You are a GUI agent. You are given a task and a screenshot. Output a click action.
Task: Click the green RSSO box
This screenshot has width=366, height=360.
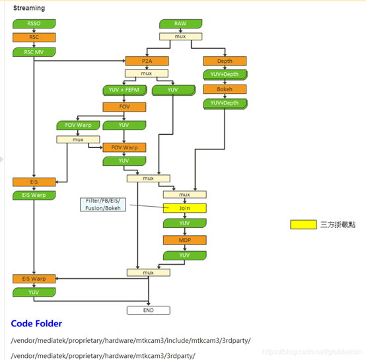[34, 24]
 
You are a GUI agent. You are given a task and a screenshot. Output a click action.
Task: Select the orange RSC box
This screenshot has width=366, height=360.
[34, 37]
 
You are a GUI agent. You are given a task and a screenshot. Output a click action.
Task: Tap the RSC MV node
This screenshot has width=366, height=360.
[34, 52]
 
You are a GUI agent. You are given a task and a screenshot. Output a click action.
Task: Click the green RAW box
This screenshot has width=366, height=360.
[180, 24]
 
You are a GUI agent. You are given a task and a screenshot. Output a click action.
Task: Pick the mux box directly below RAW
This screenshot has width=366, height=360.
[180, 36]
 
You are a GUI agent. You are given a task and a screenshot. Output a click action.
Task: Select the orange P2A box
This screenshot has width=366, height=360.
[147, 61]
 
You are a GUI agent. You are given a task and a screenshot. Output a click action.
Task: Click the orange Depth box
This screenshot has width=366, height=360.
[225, 61]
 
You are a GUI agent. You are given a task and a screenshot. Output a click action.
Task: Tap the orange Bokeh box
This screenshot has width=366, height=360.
[225, 89]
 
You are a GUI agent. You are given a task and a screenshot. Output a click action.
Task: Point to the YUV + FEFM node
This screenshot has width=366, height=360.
[124, 89]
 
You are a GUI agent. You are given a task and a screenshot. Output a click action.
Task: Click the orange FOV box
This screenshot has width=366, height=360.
[124, 106]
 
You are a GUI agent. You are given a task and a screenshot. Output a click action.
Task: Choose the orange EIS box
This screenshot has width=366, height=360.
[34, 182]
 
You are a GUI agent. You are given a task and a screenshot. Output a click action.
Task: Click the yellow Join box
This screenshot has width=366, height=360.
[185, 208]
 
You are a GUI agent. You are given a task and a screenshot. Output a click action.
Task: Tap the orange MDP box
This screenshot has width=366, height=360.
[185, 240]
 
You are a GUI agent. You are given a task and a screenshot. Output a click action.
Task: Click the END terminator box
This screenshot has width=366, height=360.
[148, 310]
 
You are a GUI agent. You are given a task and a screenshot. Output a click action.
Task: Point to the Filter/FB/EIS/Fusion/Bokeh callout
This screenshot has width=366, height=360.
[104, 204]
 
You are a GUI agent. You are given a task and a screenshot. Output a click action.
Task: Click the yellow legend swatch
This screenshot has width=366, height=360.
[303, 225]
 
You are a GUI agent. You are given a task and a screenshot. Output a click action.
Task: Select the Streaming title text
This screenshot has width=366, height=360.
[29, 9]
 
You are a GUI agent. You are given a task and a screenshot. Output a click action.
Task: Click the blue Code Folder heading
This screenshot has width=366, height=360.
[36, 324]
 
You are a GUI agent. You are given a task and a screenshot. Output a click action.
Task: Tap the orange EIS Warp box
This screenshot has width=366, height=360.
[34, 279]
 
